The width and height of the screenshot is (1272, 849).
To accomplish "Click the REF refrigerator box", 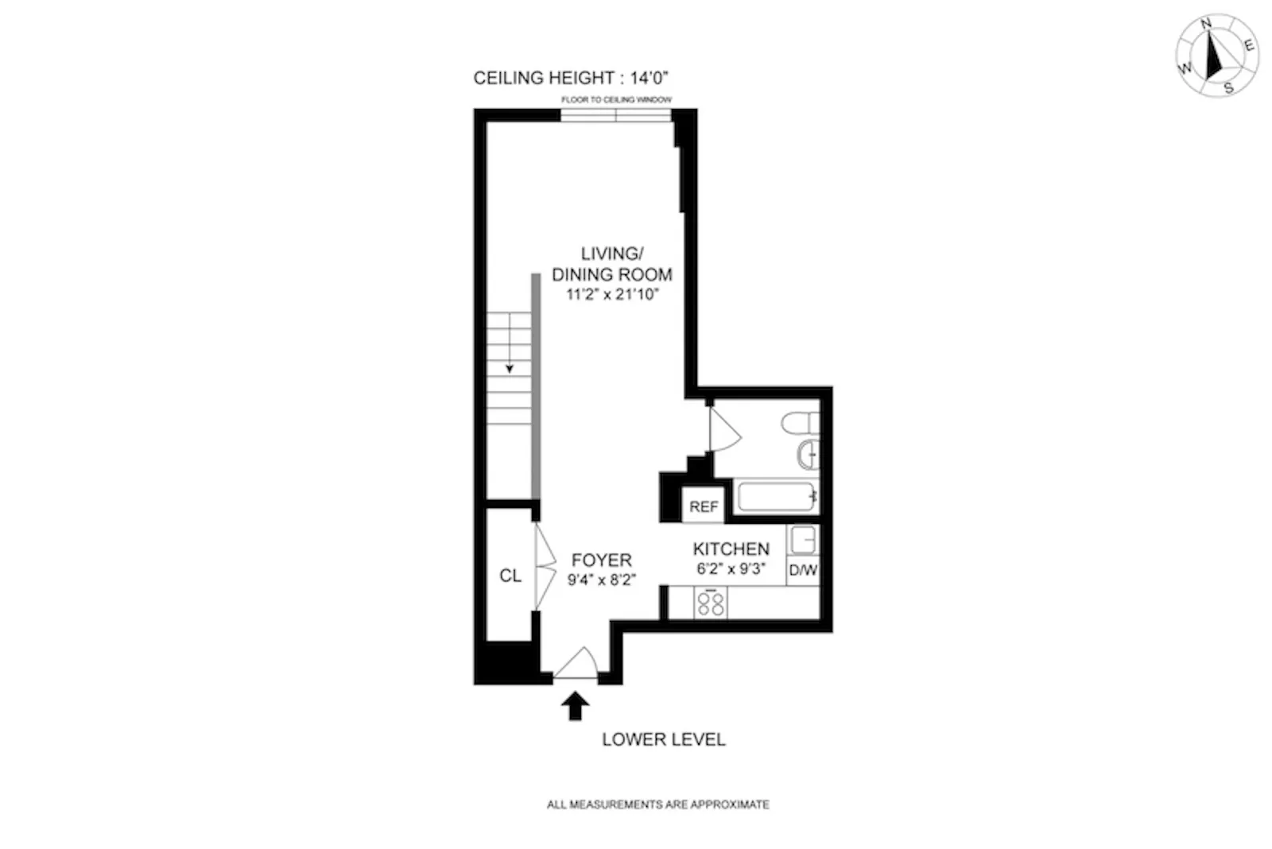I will point(703,506).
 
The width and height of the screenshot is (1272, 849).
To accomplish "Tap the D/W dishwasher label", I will point(802,570).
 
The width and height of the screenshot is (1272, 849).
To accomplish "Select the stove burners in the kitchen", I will point(711,603).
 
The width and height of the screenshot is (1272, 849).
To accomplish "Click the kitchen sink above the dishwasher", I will point(803,540).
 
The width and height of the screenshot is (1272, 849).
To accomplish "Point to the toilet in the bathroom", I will point(799,422).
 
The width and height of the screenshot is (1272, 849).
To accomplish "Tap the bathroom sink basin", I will point(808,454).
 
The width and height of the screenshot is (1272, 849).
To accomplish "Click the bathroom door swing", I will point(723,432).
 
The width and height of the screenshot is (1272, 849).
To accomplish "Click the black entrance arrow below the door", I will point(575,705).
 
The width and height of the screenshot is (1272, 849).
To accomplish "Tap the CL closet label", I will point(510,576).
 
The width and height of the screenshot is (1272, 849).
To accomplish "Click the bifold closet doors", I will point(545,566).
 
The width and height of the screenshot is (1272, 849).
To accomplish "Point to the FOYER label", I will point(601,560).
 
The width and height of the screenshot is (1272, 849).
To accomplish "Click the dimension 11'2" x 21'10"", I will point(612,295).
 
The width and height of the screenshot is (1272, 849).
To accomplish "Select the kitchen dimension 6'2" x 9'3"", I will point(731,568).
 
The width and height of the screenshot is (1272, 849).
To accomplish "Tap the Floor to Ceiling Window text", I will point(616,99).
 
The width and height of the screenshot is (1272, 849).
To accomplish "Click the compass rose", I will point(1216,56).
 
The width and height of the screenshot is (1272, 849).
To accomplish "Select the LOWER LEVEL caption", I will point(663,739).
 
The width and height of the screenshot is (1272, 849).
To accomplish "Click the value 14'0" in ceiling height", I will point(649,78).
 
